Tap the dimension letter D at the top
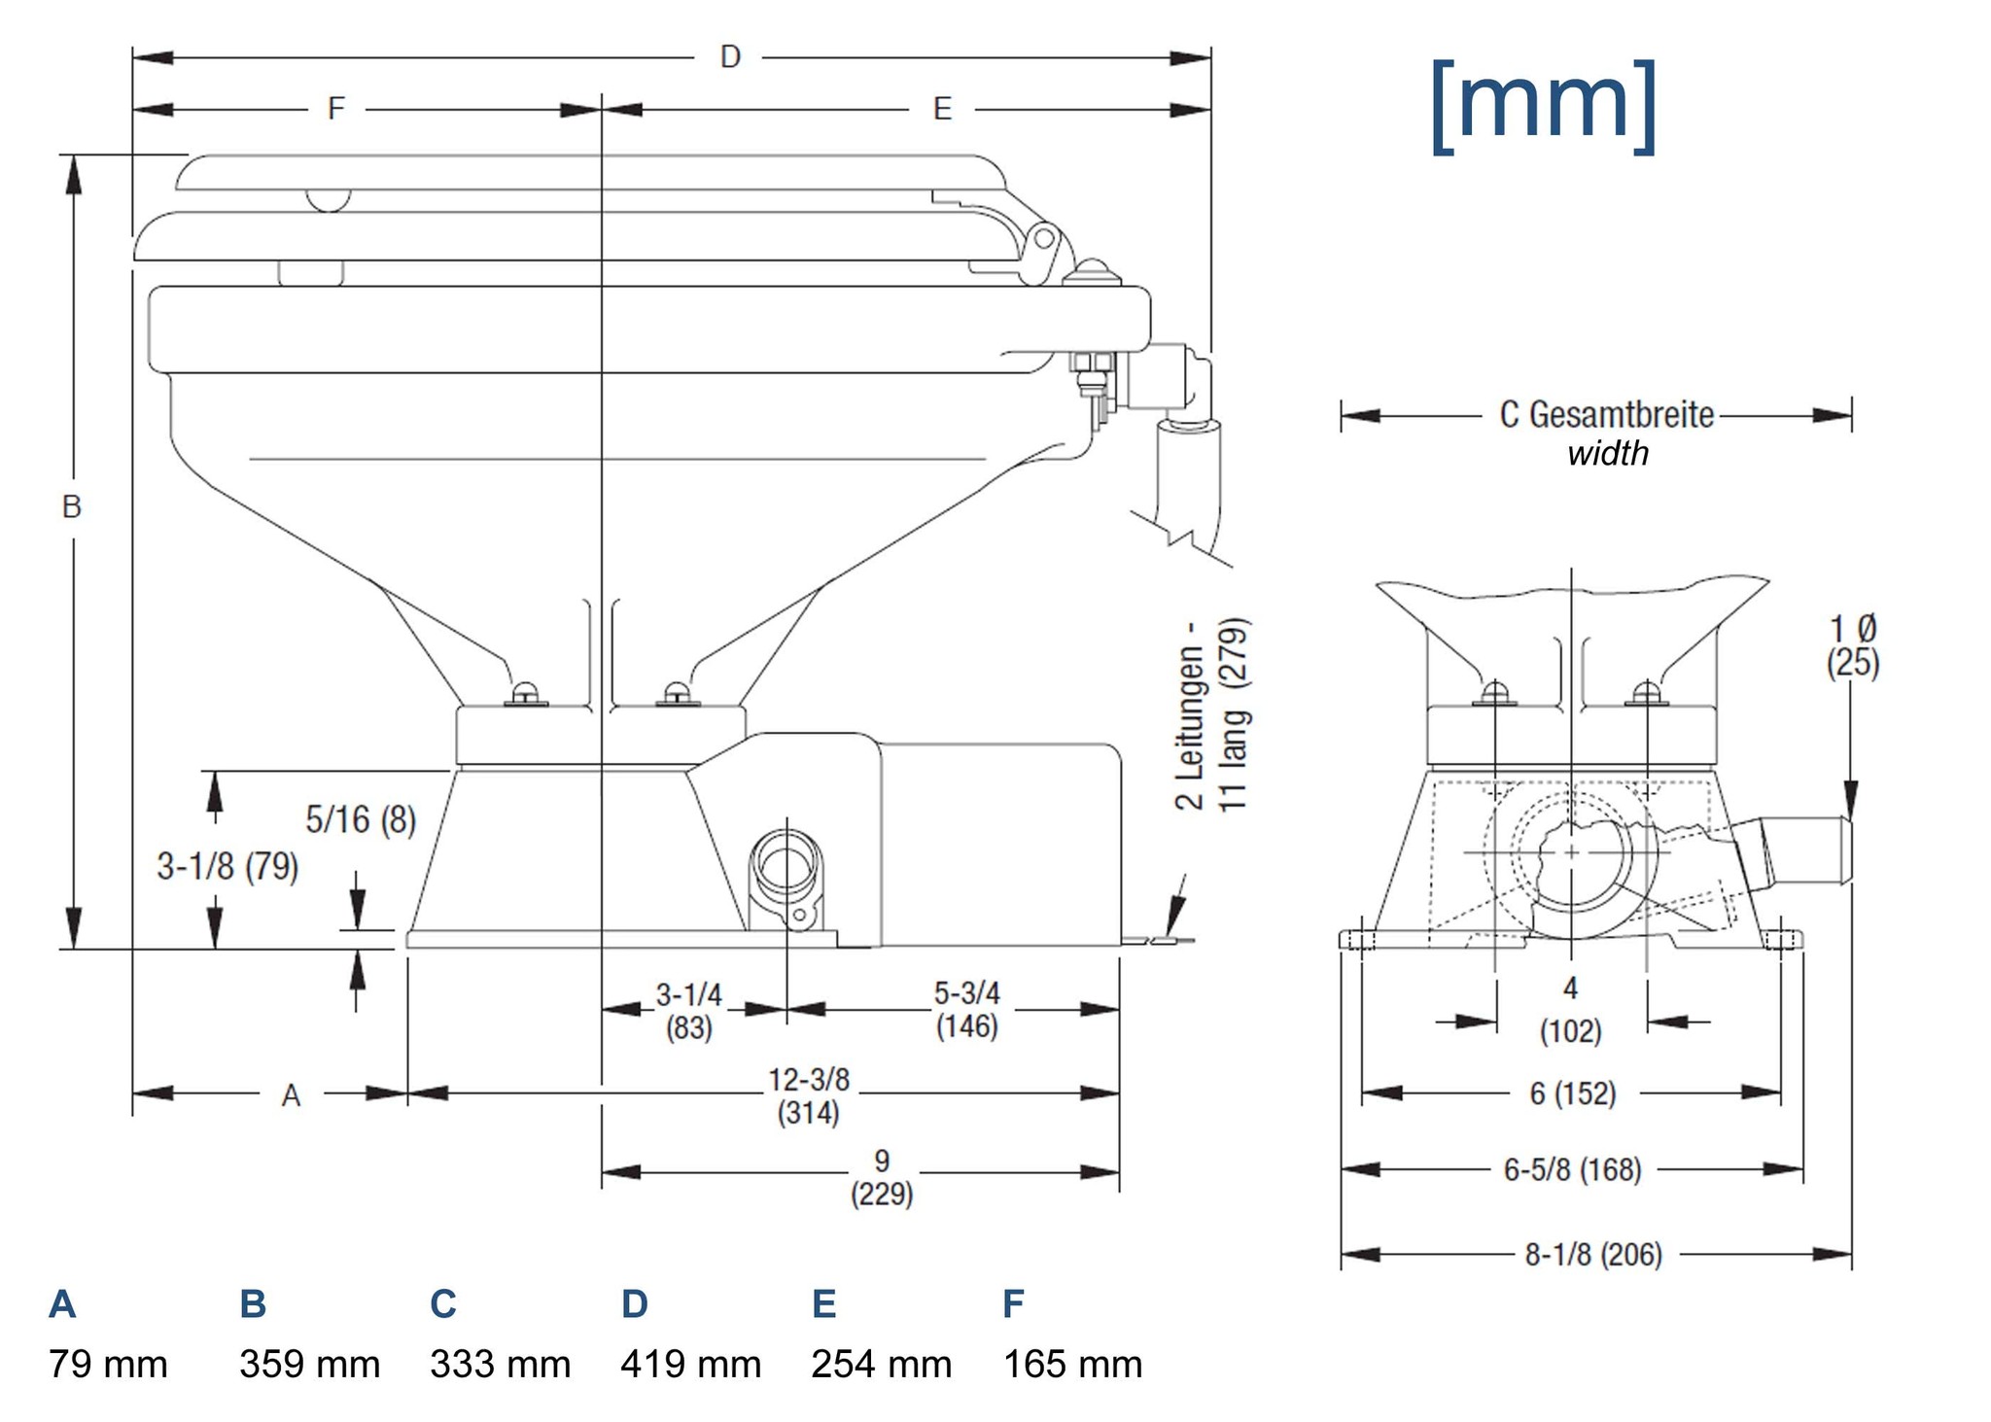point(730,57)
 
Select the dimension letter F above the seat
point(336,108)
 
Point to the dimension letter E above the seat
point(942,109)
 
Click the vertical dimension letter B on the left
point(72,506)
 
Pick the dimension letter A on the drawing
point(291,1095)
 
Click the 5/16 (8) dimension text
point(361,819)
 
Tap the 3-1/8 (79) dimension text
point(227,865)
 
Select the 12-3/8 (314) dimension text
point(809,1095)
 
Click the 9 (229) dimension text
point(882,1177)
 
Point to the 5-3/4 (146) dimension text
point(966,1010)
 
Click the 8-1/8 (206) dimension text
point(1593,1255)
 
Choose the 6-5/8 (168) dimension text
point(1572,1169)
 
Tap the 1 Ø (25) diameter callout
point(1853,644)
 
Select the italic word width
point(1608,454)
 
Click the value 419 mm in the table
point(690,1365)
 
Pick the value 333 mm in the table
point(500,1365)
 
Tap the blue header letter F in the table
point(1013,1303)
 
